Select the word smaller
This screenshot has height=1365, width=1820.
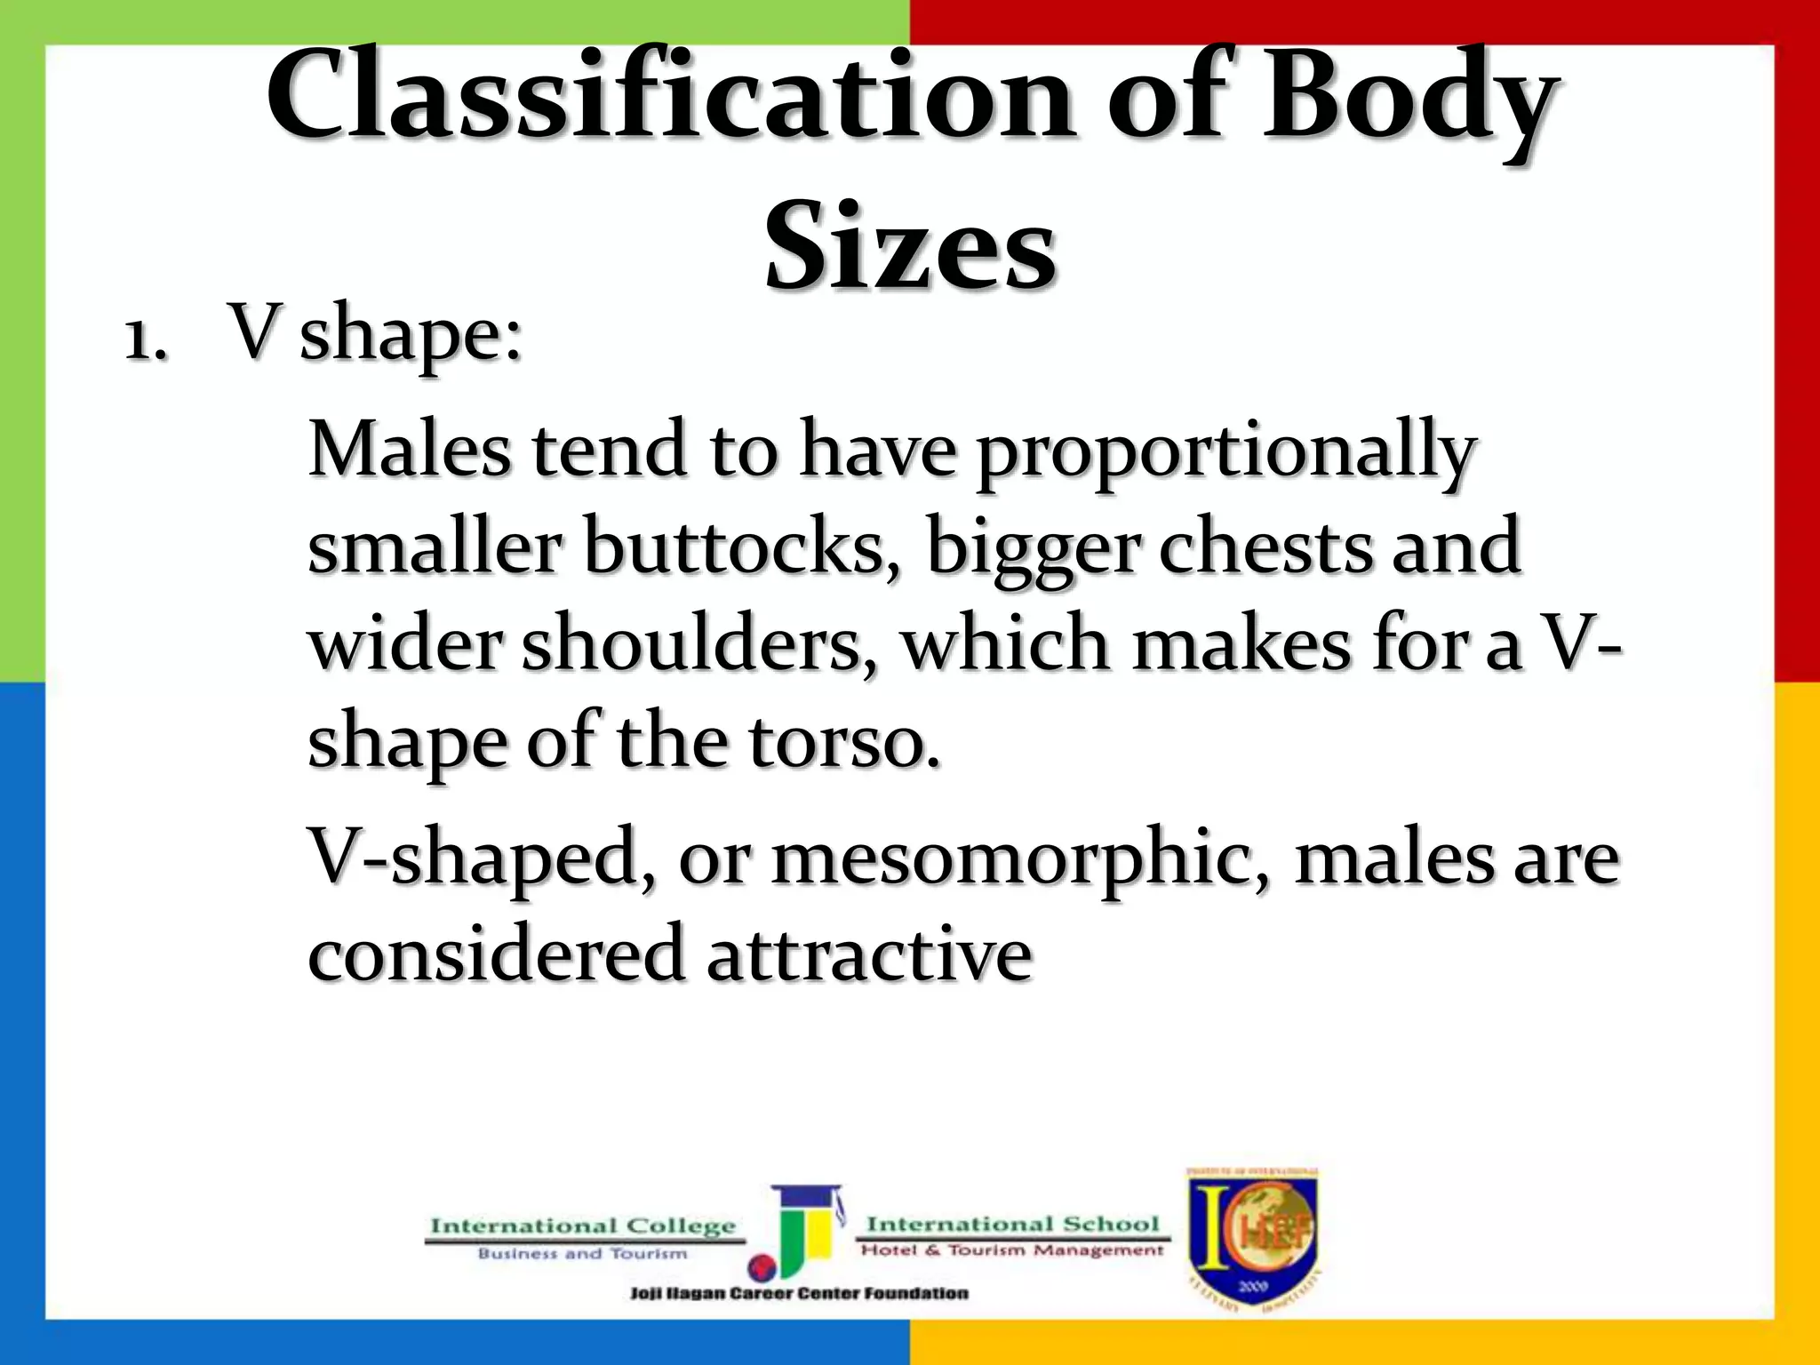pyautogui.click(x=435, y=547)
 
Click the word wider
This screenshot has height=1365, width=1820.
pyautogui.click(x=405, y=644)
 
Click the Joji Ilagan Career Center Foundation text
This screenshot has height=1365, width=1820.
pyautogui.click(x=799, y=1293)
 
